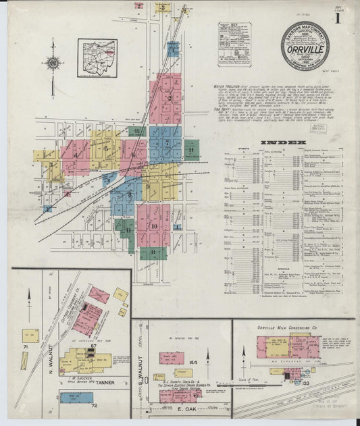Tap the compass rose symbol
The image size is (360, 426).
tap(53, 64)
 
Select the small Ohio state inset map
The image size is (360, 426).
tap(97, 58)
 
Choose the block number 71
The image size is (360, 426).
tap(24, 346)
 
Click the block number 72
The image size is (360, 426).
tap(95, 405)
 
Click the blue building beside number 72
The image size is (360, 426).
tap(76, 397)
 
